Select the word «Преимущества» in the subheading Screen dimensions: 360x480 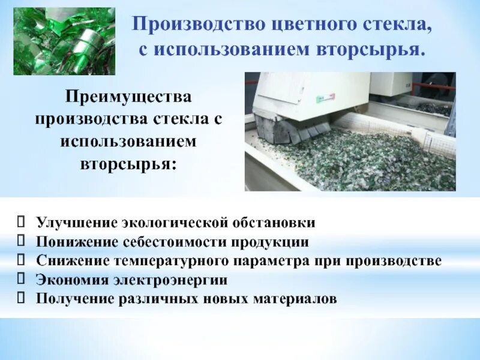(x=128, y=97)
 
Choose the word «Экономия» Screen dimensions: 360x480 (x=70, y=280)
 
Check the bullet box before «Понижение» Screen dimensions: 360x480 (x=22, y=241)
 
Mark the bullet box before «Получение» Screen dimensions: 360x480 (x=22, y=298)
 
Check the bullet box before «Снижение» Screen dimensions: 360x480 (x=22, y=260)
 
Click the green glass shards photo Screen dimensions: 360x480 (x=64, y=41)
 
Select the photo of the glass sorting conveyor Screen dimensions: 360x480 (x=350, y=131)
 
